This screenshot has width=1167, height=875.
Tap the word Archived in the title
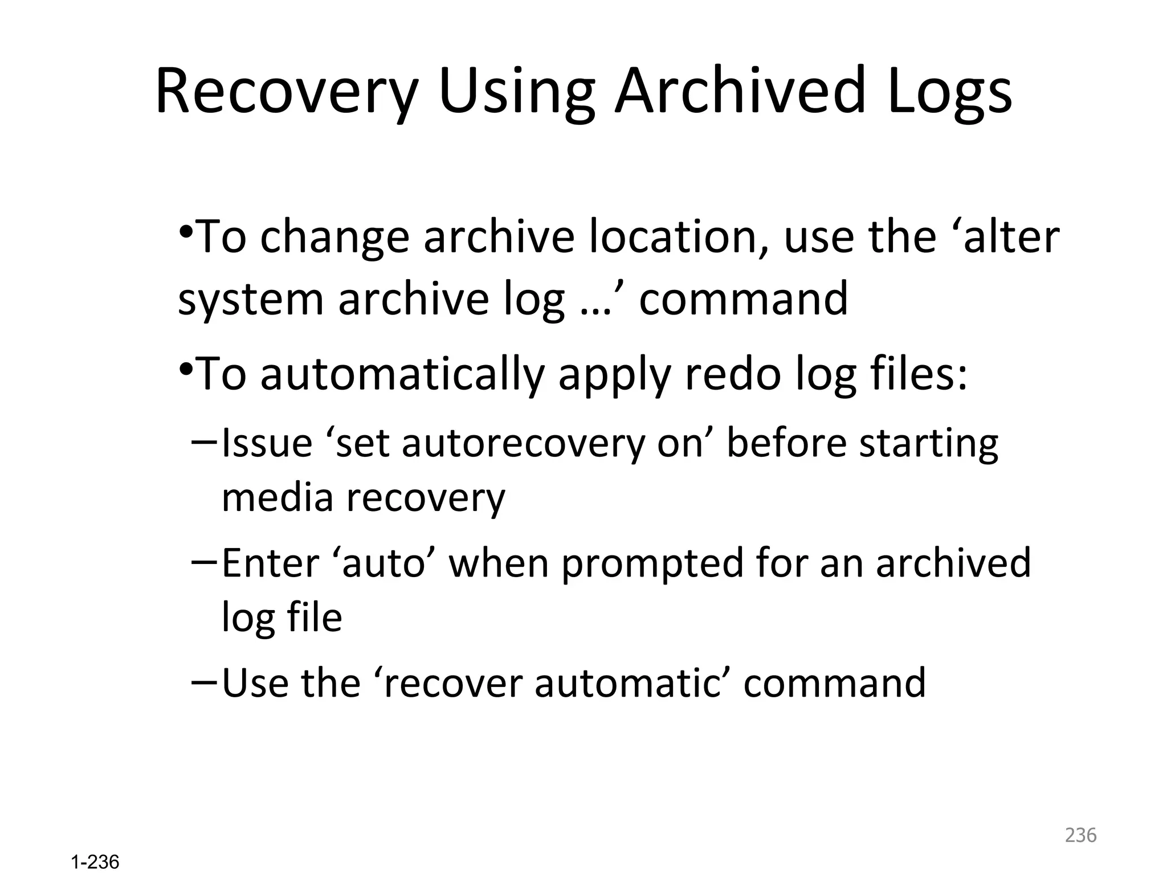pyautogui.click(x=740, y=91)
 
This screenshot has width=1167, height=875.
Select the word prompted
pyautogui.click(x=652, y=563)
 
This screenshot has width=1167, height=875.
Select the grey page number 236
pyautogui.click(x=1080, y=835)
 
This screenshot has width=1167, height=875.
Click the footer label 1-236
pyautogui.click(x=95, y=862)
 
